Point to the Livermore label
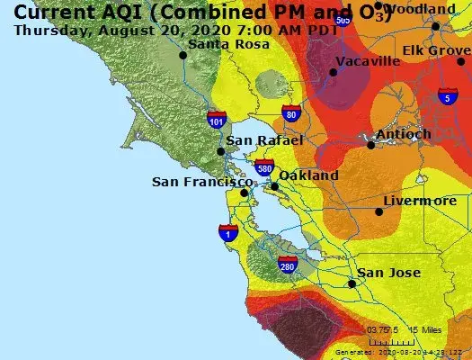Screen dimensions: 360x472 click(x=419, y=201)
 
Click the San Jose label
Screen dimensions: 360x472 click(x=388, y=273)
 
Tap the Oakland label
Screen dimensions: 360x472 click(x=308, y=175)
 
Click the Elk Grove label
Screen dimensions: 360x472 click(x=435, y=50)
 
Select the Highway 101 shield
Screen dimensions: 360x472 click(x=217, y=118)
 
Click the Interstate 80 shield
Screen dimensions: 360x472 click(x=289, y=112)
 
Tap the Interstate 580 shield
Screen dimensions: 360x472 click(x=264, y=166)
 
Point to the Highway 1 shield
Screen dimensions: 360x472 click(x=228, y=233)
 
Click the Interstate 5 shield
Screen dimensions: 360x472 click(x=447, y=96)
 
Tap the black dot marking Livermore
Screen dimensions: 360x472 click(x=378, y=212)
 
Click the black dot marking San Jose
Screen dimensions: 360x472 click(x=352, y=283)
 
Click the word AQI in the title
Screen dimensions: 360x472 click(x=98, y=12)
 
